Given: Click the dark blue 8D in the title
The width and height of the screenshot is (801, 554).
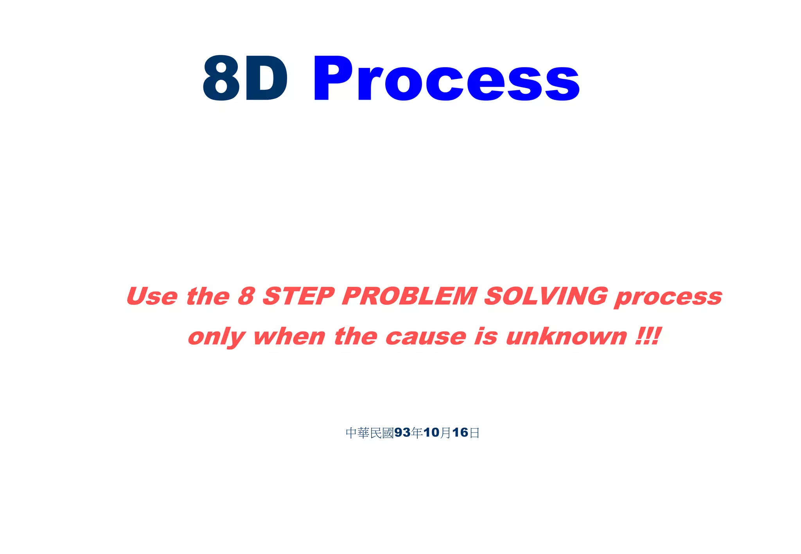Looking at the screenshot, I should coord(245,78).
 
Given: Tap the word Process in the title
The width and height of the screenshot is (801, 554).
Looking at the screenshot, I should coord(446,78).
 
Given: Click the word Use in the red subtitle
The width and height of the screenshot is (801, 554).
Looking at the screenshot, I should coord(152,296).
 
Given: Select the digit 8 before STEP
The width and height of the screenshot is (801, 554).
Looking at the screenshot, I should coord(246,296).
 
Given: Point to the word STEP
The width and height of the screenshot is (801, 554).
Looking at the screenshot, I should coord(298,296).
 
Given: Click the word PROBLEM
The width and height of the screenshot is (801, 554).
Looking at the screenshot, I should coord(409,296).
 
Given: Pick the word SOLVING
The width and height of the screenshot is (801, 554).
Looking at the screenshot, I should coord(546,296).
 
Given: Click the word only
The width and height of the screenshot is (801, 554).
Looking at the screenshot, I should coord(216,337).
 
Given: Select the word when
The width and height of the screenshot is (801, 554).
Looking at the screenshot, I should coord(289,336).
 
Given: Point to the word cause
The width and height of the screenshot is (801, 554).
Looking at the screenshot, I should coord(426,336).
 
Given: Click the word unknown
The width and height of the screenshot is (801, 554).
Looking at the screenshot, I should coord(566,336).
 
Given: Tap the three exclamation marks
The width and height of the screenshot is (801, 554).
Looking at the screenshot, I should coord(648,336).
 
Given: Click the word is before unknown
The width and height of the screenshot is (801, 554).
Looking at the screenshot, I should coord(486,336).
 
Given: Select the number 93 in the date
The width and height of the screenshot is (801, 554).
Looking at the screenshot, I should coord(402,432).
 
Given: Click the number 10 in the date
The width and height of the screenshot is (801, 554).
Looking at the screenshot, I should coord(431,432).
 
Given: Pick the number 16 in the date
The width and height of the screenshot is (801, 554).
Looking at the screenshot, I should coord(460,432).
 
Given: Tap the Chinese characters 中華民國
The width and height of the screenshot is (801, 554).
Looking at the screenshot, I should coord(370,433).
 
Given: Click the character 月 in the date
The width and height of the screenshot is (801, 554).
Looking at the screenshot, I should coord(445,433).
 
